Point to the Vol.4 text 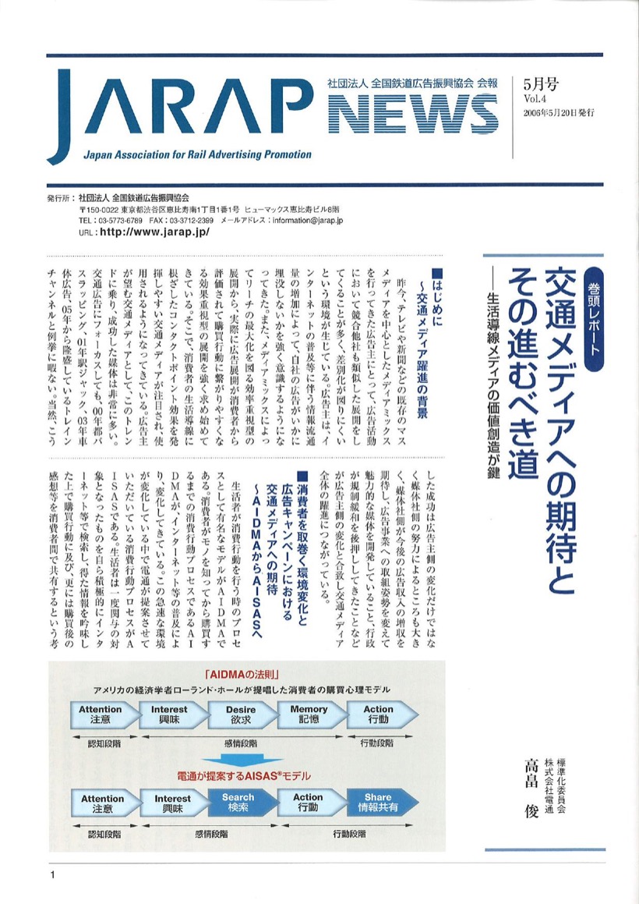point(531,99)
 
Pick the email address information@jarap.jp point(305,221)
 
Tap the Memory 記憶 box point(309,714)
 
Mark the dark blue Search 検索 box point(238,803)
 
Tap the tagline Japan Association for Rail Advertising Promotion point(196,154)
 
